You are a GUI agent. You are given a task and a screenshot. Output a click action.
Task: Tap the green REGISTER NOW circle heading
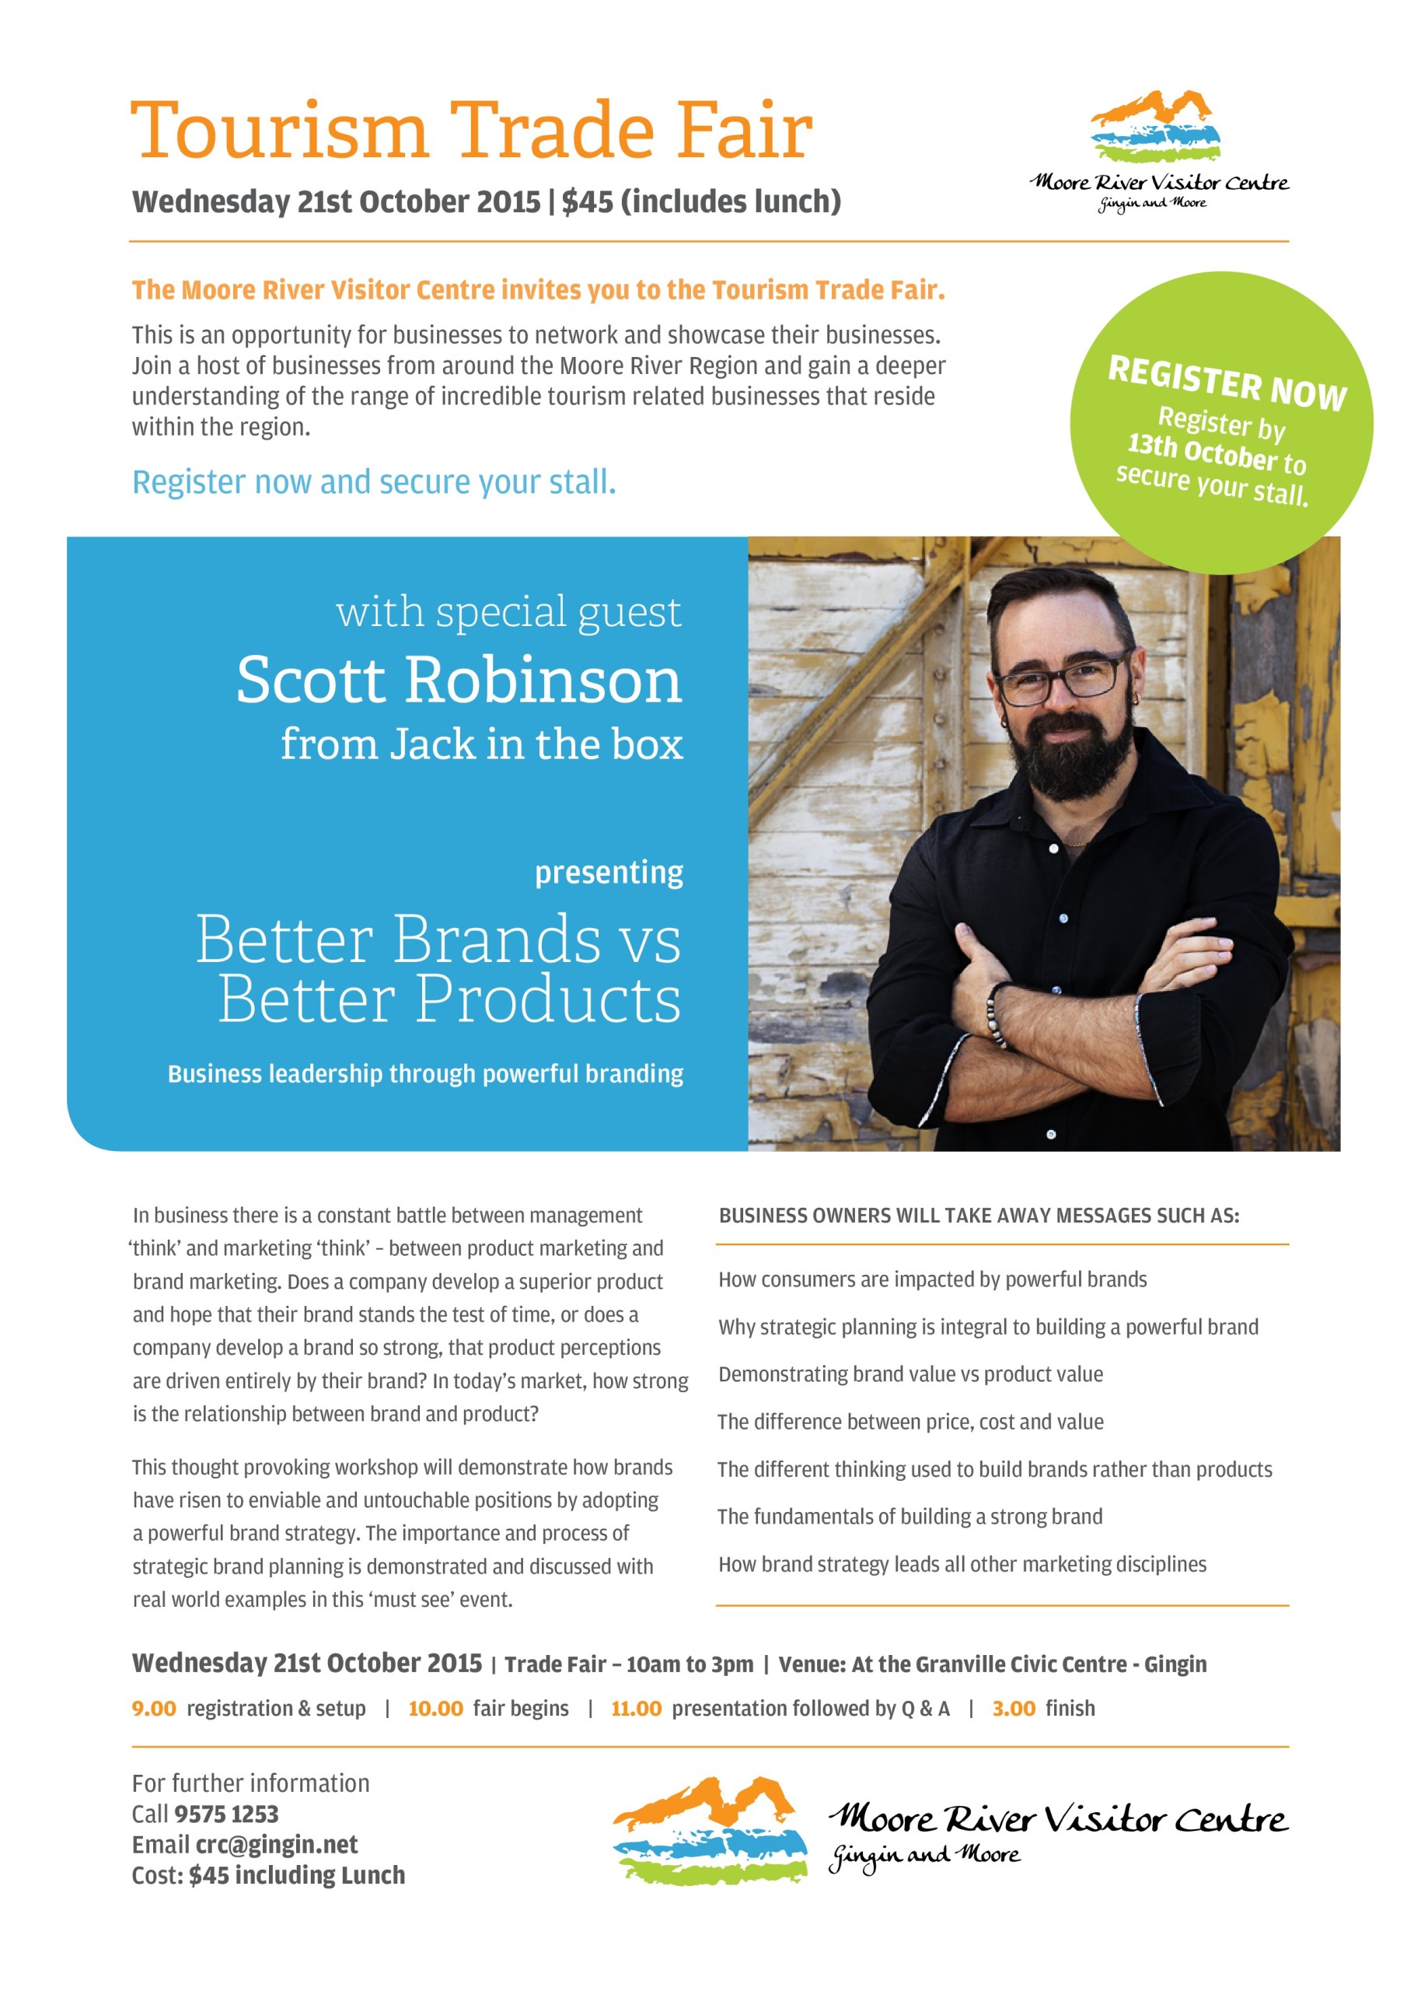coord(1227,383)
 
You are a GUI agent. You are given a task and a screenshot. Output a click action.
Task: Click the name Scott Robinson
coord(459,680)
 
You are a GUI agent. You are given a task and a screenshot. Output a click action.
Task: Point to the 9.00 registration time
coord(153,1709)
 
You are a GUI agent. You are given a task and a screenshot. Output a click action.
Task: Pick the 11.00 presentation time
coord(635,1709)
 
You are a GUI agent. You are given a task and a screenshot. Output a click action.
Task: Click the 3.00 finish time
coord(1014,1709)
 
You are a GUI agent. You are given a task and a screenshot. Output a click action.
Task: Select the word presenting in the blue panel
coord(609,873)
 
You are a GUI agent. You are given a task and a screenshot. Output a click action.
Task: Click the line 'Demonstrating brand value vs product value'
coord(910,1374)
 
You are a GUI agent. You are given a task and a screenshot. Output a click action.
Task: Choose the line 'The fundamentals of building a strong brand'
coord(909,1517)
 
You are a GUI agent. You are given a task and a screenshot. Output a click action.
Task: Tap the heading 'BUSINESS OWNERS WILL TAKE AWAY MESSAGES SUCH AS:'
coord(979,1216)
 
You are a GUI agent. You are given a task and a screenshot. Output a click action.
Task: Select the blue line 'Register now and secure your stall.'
coord(374,482)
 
